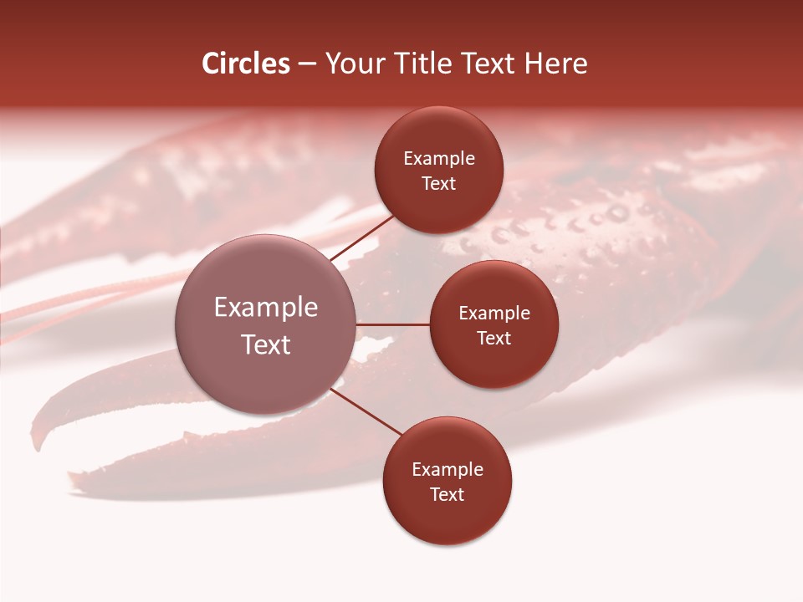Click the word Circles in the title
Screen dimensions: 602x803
pos(245,64)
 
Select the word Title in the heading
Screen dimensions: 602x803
pos(431,64)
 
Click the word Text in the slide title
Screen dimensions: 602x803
pos(493,64)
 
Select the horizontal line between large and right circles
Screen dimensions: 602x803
pos(392,324)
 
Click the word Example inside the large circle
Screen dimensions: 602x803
pos(266,308)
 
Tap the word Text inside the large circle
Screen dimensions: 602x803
pos(266,344)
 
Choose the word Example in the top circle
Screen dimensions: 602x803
pos(438,159)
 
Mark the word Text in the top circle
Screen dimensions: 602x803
pos(438,184)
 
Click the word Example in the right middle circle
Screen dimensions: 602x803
pos(494,314)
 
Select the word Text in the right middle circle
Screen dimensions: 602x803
pos(494,339)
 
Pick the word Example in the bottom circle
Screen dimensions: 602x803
pos(448,470)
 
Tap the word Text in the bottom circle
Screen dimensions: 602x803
pos(448,495)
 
